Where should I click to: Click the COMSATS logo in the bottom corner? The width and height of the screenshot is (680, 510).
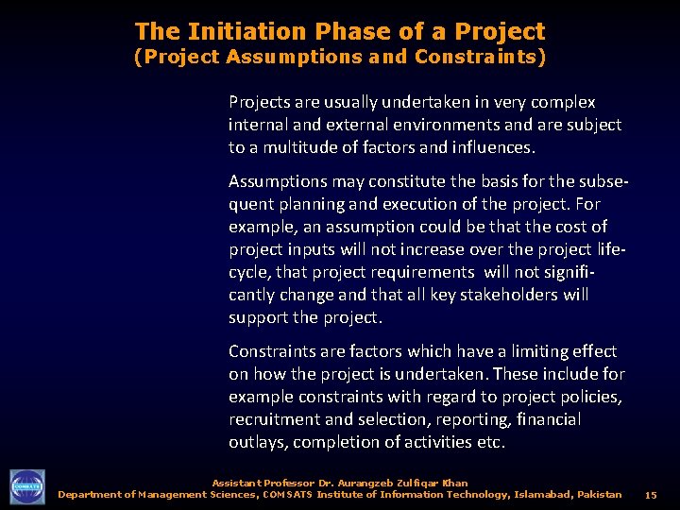[x=27, y=486]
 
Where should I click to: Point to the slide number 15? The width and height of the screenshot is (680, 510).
[x=651, y=495]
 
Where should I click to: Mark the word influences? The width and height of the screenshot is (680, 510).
[x=494, y=147]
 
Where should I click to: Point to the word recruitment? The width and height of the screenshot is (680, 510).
[x=269, y=419]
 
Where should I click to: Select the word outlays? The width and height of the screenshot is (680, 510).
[x=257, y=442]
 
